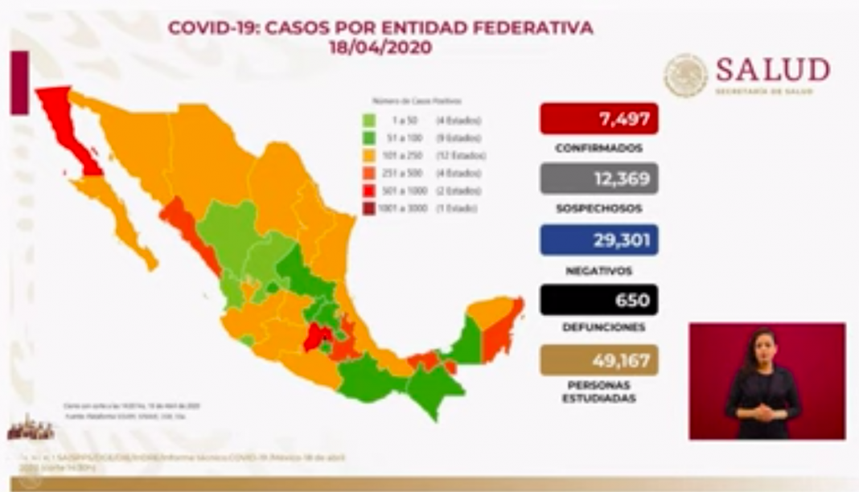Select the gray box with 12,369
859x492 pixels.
599,178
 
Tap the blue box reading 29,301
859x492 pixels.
599,240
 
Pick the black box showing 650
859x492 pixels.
599,300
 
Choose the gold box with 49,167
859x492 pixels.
599,360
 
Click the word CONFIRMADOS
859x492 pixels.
598,149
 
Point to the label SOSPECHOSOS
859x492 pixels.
598,209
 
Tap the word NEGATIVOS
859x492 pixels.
598,270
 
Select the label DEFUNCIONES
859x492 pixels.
598,328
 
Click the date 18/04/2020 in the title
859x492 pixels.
380,48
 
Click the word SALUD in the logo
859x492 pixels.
772,71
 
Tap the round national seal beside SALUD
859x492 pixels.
685,76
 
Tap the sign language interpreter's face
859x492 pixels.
762,346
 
